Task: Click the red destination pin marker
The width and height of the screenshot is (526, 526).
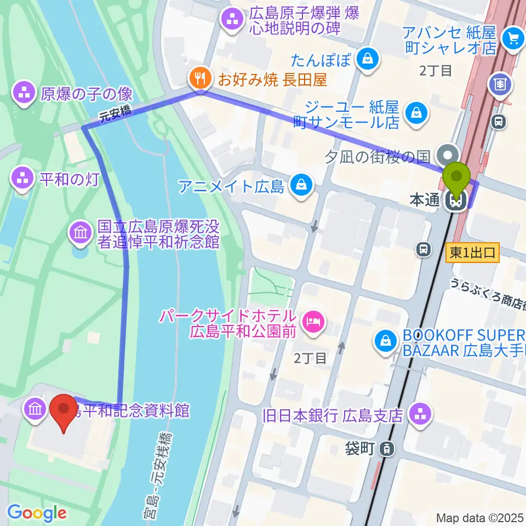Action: [x=64, y=412]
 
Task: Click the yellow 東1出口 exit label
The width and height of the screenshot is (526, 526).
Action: [x=472, y=253]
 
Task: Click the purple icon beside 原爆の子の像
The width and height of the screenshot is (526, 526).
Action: [x=23, y=94]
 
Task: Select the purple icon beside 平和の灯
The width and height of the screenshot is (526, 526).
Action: [x=23, y=180]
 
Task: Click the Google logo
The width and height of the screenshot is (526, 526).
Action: [x=37, y=513]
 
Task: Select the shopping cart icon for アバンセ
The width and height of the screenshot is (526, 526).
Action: [x=513, y=38]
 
